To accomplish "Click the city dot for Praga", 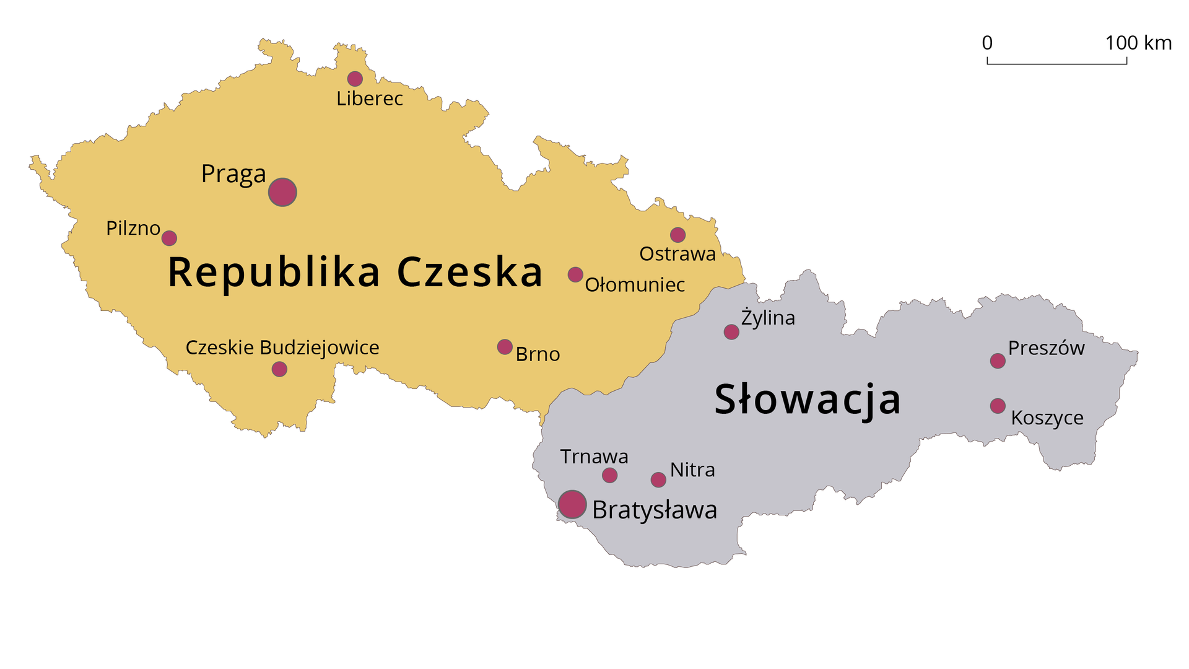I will [282, 192].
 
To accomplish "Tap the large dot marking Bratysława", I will [572, 504].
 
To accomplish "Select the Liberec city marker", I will [355, 79].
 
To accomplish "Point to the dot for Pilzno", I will [169, 238].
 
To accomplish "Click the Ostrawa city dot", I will [677, 235].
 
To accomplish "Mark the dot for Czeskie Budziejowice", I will [279, 369].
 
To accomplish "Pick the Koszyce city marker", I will [998, 406].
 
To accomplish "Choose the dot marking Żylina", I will [731, 332].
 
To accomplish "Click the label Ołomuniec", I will [635, 285].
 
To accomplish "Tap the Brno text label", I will [538, 354].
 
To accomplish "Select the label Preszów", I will [1046, 348].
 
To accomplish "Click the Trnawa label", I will [594, 457].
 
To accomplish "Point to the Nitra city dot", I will [658, 479].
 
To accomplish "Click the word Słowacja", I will [808, 400].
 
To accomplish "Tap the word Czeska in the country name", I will [469, 272].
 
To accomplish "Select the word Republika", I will [274, 273].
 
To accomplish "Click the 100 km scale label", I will [1138, 43].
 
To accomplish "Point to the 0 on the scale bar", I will [987, 43].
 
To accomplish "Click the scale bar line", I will [1056, 63].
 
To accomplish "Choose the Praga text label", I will [233, 174].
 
